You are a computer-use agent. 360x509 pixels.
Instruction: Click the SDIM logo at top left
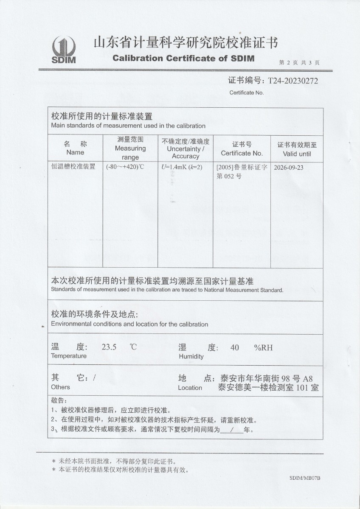tap(64, 50)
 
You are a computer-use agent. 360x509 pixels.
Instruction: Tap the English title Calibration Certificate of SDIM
tap(183, 58)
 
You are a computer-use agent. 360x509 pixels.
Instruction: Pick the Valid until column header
tap(297, 154)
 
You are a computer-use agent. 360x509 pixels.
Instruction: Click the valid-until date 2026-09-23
tap(289, 167)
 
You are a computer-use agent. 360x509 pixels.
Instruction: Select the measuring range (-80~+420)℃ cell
tap(125, 167)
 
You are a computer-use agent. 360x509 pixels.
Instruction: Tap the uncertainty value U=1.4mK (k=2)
tap(182, 167)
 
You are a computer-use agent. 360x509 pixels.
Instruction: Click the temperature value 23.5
tap(109, 347)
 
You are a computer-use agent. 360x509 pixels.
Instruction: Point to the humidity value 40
tap(234, 348)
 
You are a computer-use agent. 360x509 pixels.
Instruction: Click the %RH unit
tap(263, 348)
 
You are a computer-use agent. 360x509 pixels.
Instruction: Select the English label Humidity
tap(191, 356)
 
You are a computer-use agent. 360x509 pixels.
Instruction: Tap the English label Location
tap(190, 387)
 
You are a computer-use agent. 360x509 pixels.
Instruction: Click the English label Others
tap(60, 387)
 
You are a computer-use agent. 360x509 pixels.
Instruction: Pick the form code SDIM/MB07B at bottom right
tap(305, 478)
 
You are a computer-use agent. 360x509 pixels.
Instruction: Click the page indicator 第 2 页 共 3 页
tap(299, 62)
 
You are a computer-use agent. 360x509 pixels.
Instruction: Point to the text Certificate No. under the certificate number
tap(247, 92)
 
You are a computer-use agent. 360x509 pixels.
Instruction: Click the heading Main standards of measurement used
tap(128, 126)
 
